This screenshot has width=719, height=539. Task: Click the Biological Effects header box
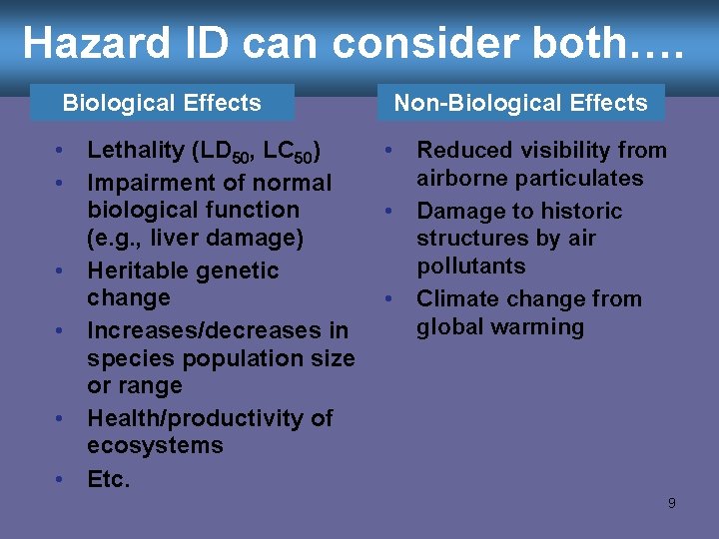(x=162, y=103)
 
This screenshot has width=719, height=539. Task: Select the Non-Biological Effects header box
(x=520, y=103)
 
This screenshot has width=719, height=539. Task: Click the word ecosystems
(x=155, y=445)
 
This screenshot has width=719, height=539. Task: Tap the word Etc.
(x=108, y=479)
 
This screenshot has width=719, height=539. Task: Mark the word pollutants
(x=470, y=266)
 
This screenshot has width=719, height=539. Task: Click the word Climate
(x=457, y=298)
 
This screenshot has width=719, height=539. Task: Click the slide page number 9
(x=671, y=503)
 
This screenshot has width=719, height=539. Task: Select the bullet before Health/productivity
(x=61, y=417)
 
